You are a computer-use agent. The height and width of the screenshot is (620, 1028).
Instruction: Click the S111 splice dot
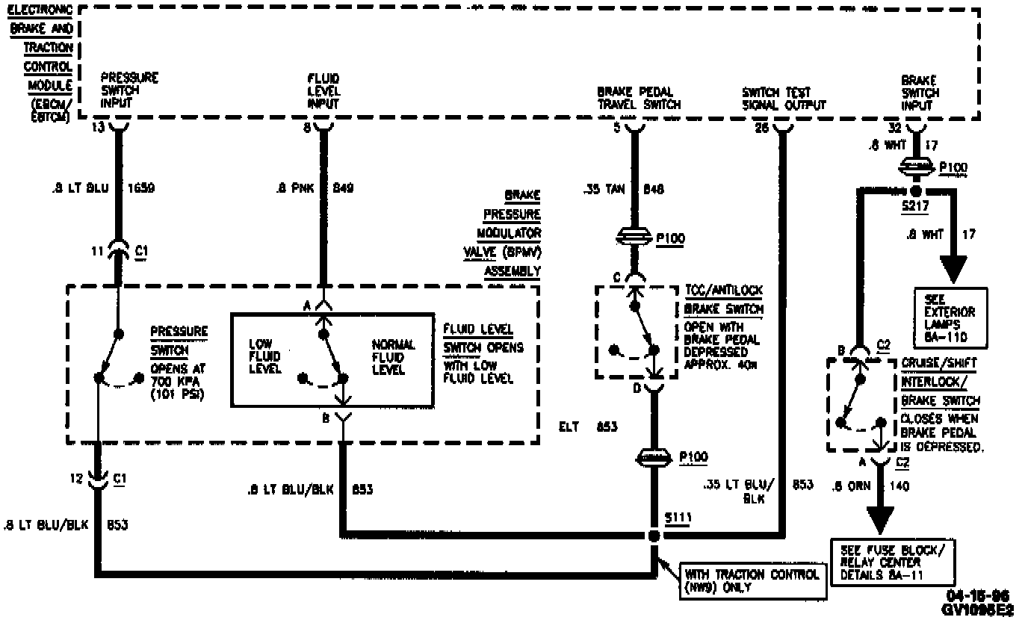[x=654, y=536]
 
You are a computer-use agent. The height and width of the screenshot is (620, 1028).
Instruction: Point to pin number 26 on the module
[x=761, y=127]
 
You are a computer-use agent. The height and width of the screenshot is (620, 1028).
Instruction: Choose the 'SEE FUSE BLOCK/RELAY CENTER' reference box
[x=891, y=562]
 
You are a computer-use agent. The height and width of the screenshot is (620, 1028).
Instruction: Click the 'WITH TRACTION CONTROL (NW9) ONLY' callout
[x=753, y=580]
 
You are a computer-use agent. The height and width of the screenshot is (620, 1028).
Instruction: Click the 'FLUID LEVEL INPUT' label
[x=323, y=92]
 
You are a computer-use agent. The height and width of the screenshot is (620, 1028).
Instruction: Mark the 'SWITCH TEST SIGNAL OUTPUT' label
[x=783, y=99]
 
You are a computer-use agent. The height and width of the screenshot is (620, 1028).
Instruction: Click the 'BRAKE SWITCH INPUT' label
[x=920, y=93]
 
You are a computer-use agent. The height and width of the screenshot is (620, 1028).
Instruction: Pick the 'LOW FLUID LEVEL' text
[x=264, y=356]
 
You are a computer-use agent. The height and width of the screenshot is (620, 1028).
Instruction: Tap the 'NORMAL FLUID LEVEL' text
[x=393, y=356]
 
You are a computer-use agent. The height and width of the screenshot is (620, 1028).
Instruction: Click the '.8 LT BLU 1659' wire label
[x=94, y=187]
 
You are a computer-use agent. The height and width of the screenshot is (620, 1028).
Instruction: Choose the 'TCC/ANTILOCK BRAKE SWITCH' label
[x=723, y=299]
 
